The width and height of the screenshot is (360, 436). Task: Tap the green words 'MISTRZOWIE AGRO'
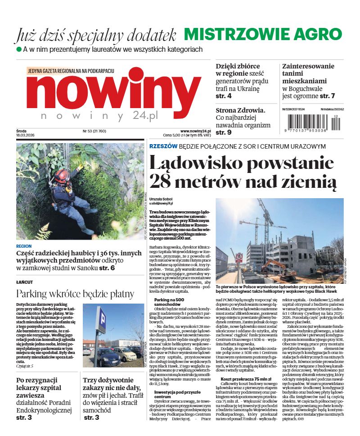(x=263, y=34)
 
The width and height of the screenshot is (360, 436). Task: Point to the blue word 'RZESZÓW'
(x=162, y=146)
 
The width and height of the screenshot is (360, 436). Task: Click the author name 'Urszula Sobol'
(x=161, y=199)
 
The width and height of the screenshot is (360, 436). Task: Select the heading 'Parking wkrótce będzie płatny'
(x=75, y=294)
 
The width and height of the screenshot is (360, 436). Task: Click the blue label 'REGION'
(x=23, y=246)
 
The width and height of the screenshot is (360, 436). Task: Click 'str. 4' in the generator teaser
(x=224, y=96)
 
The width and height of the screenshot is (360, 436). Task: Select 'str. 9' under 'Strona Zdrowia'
(x=224, y=132)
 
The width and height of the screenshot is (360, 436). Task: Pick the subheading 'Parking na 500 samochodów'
(x=170, y=303)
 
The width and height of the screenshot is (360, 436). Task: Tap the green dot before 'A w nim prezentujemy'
(x=19, y=49)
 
